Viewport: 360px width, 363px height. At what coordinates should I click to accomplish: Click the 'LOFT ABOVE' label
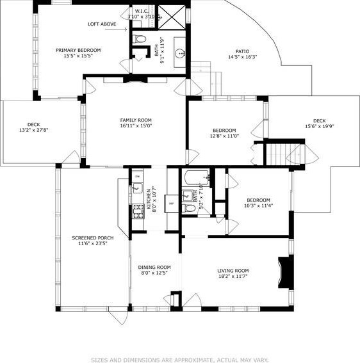102,24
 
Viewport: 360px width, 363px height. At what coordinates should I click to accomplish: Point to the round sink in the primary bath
179,54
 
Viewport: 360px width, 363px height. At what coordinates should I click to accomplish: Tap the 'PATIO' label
242,51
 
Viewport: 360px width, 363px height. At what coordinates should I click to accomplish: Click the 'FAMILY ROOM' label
135,120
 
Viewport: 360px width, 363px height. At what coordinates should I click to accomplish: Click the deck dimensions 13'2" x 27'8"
33,131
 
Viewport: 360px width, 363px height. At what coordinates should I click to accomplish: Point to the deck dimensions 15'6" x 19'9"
318,126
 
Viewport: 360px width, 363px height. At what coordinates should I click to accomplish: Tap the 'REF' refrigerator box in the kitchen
171,204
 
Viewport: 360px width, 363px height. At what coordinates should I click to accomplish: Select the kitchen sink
136,188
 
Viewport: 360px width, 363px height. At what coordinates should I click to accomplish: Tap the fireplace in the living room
285,272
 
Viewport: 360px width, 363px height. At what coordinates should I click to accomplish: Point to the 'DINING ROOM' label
154,267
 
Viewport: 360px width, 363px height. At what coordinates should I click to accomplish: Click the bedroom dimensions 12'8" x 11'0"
224,136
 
